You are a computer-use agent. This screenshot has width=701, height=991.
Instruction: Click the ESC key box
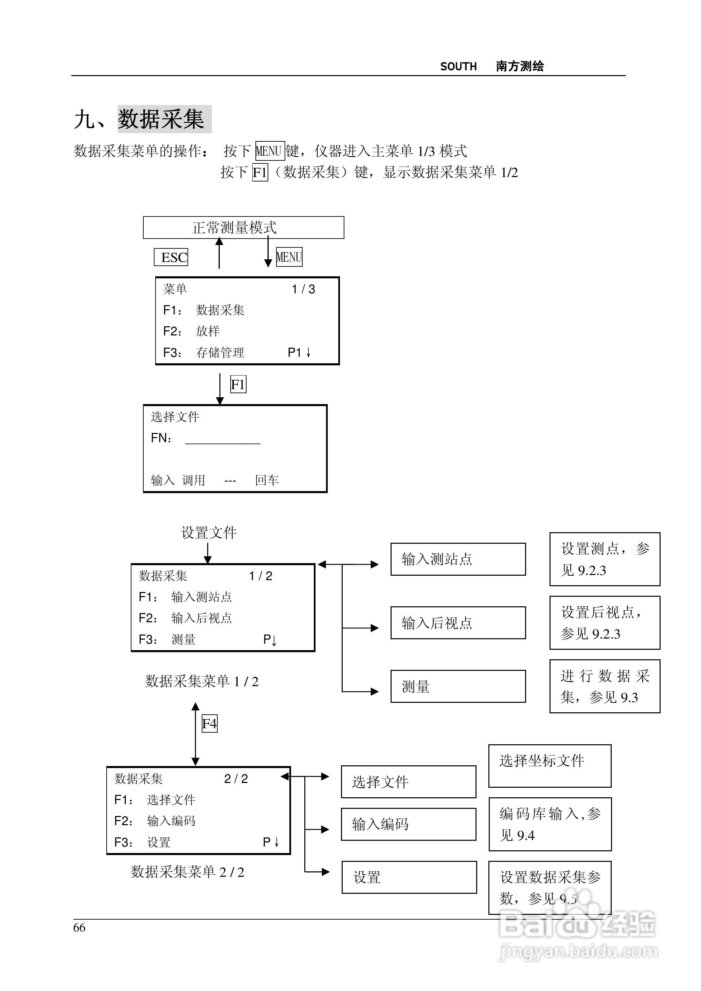pos(171,257)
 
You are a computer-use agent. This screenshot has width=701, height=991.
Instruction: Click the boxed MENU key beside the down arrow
pos(289,257)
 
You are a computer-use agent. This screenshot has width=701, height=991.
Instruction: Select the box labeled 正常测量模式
pos(244,228)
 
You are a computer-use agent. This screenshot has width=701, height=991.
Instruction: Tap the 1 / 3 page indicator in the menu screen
pos(303,289)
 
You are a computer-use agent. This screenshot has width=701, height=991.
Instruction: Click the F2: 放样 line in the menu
pos(192,331)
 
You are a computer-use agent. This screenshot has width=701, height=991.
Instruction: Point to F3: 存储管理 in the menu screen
pos(204,352)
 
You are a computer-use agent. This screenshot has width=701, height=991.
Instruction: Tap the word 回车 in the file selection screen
pos(267,480)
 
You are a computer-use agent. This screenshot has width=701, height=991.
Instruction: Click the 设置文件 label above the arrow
pos(209,533)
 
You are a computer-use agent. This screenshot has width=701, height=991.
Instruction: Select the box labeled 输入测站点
pos(458,559)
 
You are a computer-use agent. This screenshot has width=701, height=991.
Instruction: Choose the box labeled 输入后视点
pos(458,623)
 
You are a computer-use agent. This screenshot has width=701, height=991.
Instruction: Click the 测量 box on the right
pos(458,686)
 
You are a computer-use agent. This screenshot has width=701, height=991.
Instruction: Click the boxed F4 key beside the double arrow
pos(210,724)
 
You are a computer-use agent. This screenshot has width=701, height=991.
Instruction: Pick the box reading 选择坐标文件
pos(550,766)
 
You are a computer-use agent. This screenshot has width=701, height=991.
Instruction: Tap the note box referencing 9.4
pos(550,824)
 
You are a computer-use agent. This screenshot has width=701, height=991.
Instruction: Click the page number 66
pos(79,927)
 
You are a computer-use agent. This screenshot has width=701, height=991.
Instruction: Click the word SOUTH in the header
pos(459,67)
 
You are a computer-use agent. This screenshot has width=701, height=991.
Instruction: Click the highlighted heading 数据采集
pos(164,119)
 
